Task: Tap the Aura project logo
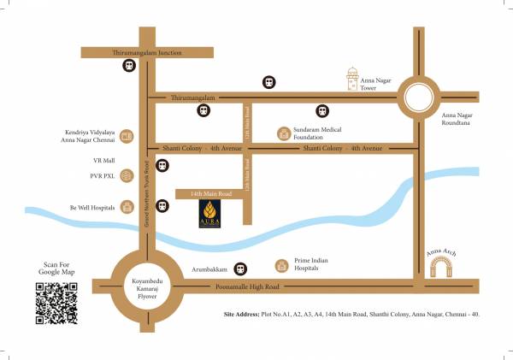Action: pyautogui.click(x=210, y=215)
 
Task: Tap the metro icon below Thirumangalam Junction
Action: pyautogui.click(x=130, y=66)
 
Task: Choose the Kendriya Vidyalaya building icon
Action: pyautogui.click(x=127, y=135)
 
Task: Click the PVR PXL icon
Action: pyautogui.click(x=127, y=175)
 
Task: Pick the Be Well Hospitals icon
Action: pyautogui.click(x=127, y=206)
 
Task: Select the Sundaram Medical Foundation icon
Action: pyautogui.click(x=285, y=133)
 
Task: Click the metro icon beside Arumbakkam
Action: pyautogui.click(x=241, y=268)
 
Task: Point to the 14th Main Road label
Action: pyautogui.click(x=206, y=195)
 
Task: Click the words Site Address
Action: pyautogui.click(x=241, y=315)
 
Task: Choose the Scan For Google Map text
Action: pyautogui.click(x=56, y=270)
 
